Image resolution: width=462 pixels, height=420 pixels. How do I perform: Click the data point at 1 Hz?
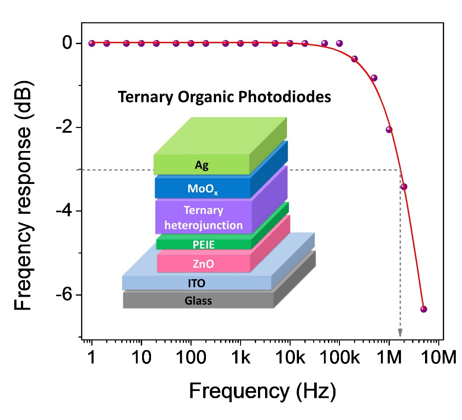click(92, 43)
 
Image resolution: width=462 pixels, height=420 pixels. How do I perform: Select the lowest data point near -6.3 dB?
click(423, 309)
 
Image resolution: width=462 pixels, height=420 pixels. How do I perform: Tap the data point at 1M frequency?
click(389, 130)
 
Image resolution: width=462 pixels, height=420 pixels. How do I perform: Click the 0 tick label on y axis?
click(67, 43)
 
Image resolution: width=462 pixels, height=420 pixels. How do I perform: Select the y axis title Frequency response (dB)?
click(25, 196)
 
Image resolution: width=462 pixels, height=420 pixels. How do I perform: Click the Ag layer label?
click(202, 166)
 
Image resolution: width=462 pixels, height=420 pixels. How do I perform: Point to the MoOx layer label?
click(203, 189)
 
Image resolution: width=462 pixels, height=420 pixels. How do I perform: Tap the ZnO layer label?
click(204, 264)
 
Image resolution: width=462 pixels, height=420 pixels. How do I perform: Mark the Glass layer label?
click(198, 301)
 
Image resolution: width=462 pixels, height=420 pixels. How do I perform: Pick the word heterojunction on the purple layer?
click(204, 225)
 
